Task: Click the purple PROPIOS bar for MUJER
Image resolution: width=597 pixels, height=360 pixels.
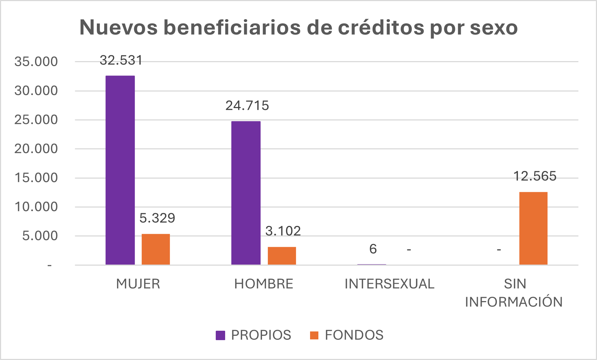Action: click(120, 170)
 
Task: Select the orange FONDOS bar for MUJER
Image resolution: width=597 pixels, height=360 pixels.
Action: click(155, 249)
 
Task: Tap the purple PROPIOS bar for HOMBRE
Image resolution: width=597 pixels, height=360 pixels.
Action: click(246, 193)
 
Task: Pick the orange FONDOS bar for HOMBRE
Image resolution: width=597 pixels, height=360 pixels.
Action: click(282, 256)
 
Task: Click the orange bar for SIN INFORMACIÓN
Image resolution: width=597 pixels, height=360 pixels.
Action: click(533, 228)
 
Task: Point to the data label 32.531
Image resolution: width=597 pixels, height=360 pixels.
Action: click(121, 60)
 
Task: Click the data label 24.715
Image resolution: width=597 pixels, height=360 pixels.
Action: click(247, 106)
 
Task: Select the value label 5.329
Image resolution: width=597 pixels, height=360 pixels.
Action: click(157, 218)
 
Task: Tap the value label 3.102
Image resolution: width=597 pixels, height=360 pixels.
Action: click(283, 231)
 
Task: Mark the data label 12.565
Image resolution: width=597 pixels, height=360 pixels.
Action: click(535, 176)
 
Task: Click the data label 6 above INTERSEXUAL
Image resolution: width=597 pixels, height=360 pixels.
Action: click(373, 249)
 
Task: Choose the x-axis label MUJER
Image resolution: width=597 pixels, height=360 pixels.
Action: click(138, 284)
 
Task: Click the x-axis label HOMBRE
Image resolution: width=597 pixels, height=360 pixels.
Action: click(264, 284)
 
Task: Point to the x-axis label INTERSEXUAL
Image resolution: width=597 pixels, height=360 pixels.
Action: click(390, 284)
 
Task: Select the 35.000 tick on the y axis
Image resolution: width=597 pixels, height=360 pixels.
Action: click(36, 62)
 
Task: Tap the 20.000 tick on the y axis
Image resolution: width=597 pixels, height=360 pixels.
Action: click(36, 149)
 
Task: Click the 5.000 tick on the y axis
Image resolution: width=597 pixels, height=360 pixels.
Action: click(40, 236)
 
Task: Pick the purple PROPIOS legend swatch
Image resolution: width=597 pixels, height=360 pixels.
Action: click(220, 335)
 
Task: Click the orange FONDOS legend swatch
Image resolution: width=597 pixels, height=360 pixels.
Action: click(314, 335)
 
